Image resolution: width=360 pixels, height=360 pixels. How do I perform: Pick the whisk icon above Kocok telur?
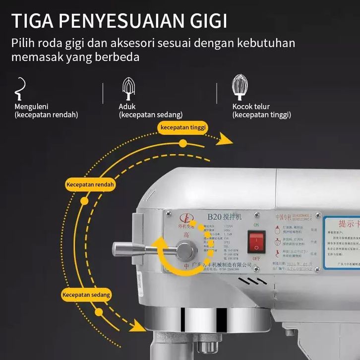click(240, 88)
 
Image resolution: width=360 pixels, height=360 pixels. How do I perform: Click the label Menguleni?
click(33, 107)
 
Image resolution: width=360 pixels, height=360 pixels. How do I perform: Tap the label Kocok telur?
click(251, 107)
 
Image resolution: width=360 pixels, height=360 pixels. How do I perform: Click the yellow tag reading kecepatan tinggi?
click(182, 127)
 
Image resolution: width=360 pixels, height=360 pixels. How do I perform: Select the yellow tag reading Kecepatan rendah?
click(90, 184)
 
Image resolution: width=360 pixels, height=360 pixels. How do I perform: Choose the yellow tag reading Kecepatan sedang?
click(86, 295)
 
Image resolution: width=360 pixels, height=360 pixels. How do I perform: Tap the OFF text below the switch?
click(256, 258)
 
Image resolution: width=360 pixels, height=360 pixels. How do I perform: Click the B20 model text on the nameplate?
click(213, 217)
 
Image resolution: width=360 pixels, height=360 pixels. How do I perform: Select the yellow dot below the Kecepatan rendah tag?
click(84, 201)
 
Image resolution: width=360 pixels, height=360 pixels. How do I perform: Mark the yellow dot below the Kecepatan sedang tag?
click(99, 312)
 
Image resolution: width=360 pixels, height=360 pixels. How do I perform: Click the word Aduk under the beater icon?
click(127, 107)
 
